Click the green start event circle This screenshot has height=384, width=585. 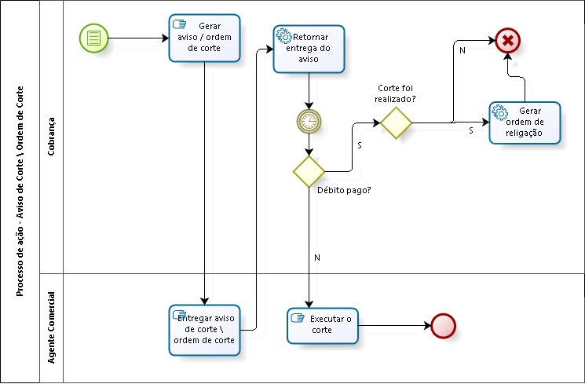pos(93,37)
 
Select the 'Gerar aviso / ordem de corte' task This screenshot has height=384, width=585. pos(204,38)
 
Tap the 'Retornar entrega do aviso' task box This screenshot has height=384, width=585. pos(309,49)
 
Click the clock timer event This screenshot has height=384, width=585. pos(309,120)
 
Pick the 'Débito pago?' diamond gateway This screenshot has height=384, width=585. pos(309,171)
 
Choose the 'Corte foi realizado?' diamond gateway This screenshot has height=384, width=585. pos(397,123)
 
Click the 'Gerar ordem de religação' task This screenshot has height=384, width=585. pos(525,123)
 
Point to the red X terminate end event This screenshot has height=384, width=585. pos(508,40)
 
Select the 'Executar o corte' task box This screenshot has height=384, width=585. pos(323,325)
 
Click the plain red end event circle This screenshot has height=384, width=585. pos(443,325)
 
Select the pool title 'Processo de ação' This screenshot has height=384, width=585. pos(20,192)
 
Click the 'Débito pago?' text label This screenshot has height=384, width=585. pos(344,190)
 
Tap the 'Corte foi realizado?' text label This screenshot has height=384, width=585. pos(394,93)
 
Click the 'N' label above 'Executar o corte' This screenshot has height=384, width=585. pos(316,258)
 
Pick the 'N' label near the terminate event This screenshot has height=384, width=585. pos(462,51)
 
